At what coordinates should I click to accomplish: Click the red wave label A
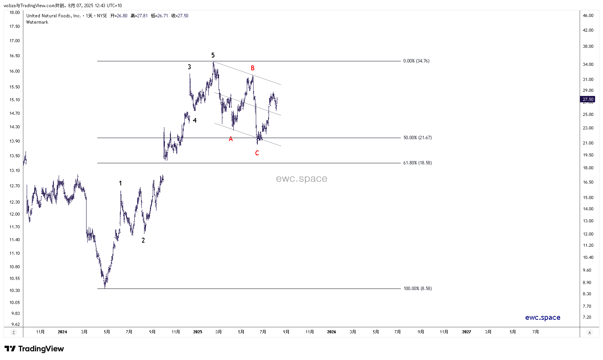click(x=231, y=139)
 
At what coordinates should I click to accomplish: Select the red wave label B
click(x=253, y=68)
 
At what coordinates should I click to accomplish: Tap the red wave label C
click(x=257, y=153)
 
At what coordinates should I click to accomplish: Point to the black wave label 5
click(x=213, y=55)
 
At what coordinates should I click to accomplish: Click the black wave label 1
click(x=120, y=184)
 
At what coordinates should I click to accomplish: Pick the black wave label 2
click(x=143, y=240)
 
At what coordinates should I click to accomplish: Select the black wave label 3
click(x=189, y=67)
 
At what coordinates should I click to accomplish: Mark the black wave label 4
click(x=195, y=121)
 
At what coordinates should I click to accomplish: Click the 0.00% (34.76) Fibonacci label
click(x=416, y=61)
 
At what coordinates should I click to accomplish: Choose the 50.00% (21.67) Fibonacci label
click(x=417, y=138)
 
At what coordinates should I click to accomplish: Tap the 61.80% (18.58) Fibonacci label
click(x=417, y=163)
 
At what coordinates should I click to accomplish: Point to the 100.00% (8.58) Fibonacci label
click(x=417, y=289)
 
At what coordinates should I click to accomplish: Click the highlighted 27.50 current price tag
click(x=588, y=100)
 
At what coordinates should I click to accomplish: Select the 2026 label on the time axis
click(x=331, y=332)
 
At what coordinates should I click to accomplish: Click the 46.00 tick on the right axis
click(x=588, y=16)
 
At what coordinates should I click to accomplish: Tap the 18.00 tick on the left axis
click(x=15, y=13)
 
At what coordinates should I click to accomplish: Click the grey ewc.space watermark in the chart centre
click(x=301, y=179)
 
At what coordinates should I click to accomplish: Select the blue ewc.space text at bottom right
click(x=542, y=317)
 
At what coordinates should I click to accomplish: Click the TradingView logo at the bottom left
click(x=34, y=349)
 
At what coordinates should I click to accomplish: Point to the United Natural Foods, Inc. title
click(x=53, y=16)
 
